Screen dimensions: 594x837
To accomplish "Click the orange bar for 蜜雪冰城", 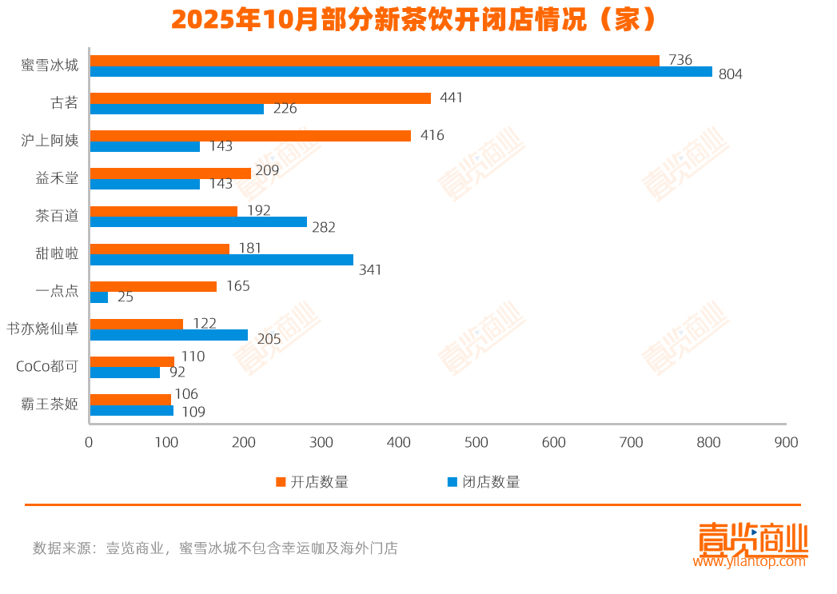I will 374,61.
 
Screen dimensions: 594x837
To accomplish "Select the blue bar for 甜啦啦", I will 221,260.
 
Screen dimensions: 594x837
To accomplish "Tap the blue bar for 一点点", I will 99,297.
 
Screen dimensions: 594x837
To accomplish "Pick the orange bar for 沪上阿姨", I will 250,136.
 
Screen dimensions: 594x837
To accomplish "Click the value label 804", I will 731,74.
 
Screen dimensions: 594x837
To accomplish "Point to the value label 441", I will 451,98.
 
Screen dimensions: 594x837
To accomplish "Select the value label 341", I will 370,269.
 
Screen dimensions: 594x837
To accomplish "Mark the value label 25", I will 126,297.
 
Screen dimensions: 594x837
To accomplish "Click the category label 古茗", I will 64,102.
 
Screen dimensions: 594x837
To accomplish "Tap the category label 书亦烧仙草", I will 43,328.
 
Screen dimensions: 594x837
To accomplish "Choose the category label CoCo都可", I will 47,366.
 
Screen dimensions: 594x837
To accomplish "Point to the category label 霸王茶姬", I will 50,404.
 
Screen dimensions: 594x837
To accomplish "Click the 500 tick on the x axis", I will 476,443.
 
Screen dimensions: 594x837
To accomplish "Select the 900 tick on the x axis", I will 786,443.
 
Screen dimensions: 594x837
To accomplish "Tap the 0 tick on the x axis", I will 90,443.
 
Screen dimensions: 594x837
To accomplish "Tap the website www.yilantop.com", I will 750,561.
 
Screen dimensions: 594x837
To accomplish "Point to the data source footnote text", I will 215,548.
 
